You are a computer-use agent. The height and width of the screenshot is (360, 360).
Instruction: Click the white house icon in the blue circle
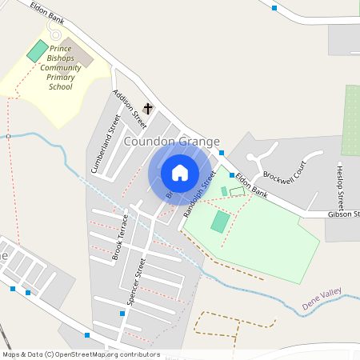tap(180, 173)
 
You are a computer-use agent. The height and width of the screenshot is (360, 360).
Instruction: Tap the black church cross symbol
tap(148, 108)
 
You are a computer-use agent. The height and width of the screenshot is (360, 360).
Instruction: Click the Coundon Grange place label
tap(171, 142)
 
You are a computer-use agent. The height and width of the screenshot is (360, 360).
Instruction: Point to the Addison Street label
tap(130, 108)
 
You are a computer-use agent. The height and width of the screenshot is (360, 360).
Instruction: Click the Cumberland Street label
tap(105, 145)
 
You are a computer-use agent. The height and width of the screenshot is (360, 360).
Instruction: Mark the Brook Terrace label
tap(120, 238)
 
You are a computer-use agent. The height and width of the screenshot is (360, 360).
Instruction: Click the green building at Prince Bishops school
tap(38, 50)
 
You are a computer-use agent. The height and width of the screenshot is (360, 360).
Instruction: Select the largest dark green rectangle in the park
tap(220, 222)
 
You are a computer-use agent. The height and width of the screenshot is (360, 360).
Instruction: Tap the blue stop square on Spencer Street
tap(122, 314)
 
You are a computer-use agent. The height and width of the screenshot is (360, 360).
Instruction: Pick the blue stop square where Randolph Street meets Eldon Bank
tap(232, 175)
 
